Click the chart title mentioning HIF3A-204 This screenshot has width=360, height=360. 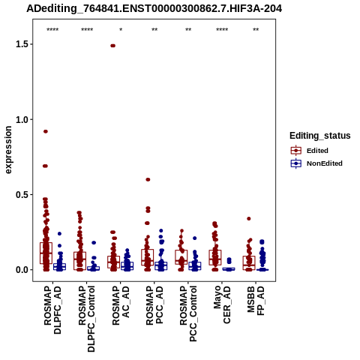point(154,8)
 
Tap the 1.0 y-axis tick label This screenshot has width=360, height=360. point(22,119)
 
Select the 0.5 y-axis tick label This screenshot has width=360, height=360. point(22,195)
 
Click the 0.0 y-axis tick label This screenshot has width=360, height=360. point(22,270)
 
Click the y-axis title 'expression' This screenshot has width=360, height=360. point(8,150)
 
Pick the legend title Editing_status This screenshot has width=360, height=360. point(320,136)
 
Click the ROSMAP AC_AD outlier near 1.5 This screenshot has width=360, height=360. point(112,46)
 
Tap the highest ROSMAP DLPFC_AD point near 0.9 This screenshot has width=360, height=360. point(46,131)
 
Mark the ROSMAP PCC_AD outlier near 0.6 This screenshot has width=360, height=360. point(148,179)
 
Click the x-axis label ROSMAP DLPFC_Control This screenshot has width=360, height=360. point(86,319)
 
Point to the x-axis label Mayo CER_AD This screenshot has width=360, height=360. point(222,304)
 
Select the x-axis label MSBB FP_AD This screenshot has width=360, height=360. point(256,301)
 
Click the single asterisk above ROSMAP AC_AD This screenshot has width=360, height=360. point(121,30)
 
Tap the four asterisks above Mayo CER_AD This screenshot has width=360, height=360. point(222,30)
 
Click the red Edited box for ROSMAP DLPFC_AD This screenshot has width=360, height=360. point(46,253)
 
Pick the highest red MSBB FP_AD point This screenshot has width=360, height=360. point(249,219)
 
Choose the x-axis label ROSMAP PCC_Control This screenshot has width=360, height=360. point(188,313)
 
